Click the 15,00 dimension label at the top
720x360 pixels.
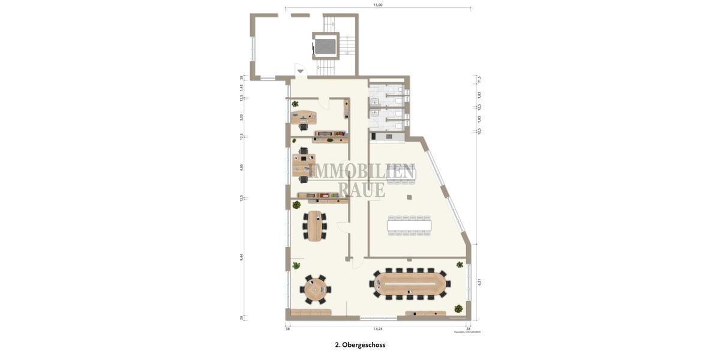[378, 5]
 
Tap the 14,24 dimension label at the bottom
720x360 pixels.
[378, 329]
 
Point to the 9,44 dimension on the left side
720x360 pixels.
[241, 256]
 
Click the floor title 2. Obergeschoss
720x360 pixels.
[360, 345]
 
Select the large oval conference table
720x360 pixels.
[411, 283]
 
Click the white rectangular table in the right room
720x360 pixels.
[409, 226]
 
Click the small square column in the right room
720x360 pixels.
[409, 197]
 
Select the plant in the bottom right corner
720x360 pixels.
[458, 308]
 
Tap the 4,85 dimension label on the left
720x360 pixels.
[241, 167]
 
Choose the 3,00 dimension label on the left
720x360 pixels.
[241, 117]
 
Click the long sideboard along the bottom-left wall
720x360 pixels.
[310, 313]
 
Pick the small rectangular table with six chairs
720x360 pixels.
[314, 226]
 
